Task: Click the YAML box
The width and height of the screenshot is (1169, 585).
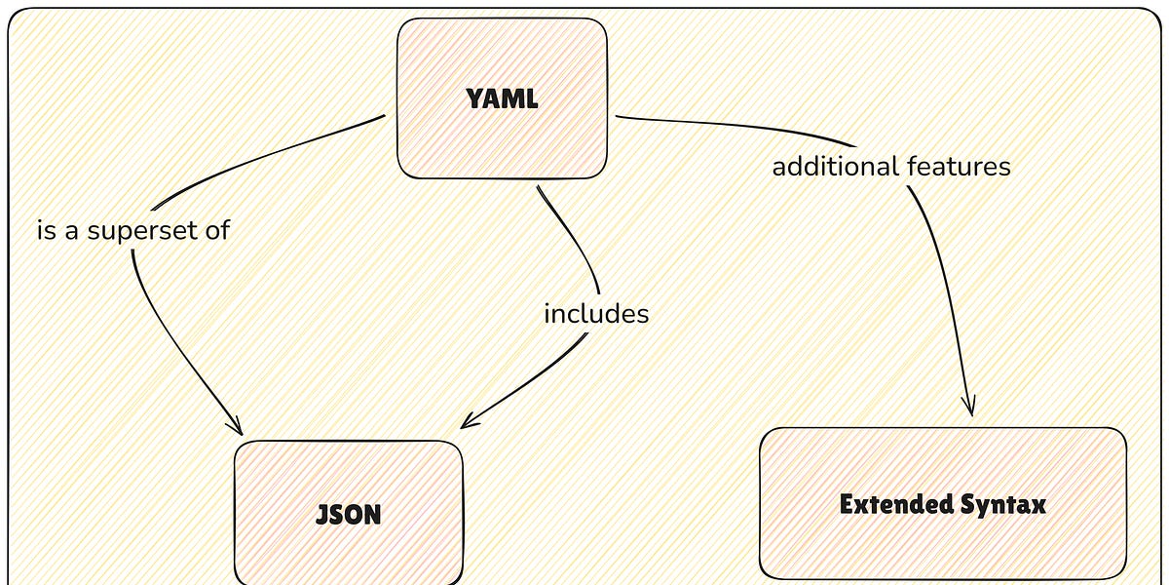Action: pyautogui.click(x=502, y=98)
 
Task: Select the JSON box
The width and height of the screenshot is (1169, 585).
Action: pyautogui.click(x=348, y=513)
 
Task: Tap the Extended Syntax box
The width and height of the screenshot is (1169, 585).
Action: pyautogui.click(x=942, y=503)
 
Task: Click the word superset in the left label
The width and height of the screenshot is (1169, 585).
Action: pyautogui.click(x=144, y=231)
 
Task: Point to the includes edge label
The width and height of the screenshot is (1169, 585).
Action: pyautogui.click(x=595, y=314)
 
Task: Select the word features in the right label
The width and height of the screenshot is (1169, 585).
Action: pyautogui.click(x=959, y=167)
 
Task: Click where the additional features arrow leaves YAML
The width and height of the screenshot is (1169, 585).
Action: pyautogui.click(x=618, y=117)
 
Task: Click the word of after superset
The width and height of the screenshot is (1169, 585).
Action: pyautogui.click(x=216, y=231)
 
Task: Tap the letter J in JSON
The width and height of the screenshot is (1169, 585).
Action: pyautogui.click(x=321, y=514)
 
